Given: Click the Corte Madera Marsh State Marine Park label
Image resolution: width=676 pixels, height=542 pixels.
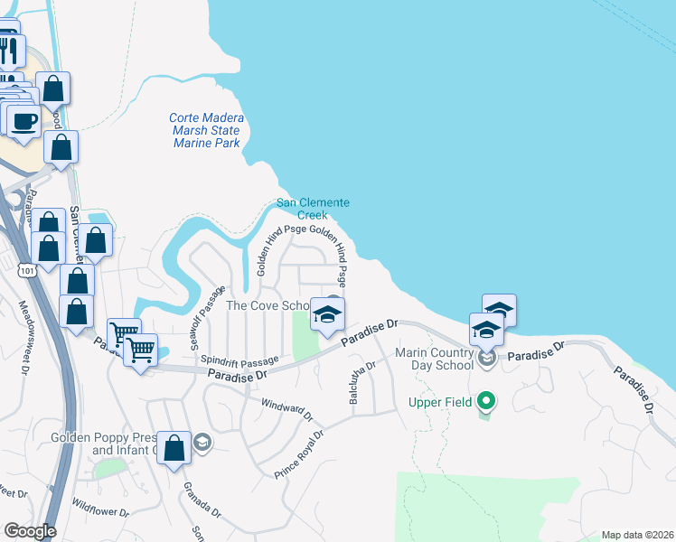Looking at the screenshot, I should [x=205, y=130].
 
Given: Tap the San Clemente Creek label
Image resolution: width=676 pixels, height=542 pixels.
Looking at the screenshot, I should [x=313, y=209].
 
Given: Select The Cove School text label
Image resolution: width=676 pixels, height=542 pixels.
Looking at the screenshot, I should [x=268, y=305].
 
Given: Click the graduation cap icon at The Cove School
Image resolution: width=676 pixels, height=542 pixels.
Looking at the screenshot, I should [x=327, y=314].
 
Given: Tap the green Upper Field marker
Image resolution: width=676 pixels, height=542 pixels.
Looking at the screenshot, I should [x=486, y=400].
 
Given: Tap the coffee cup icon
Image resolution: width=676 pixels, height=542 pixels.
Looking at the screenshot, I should [x=24, y=120].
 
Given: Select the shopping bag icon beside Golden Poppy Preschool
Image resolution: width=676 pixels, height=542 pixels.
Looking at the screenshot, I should [x=174, y=447].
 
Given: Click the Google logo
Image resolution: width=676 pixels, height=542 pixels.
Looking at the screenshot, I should [x=30, y=531].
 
